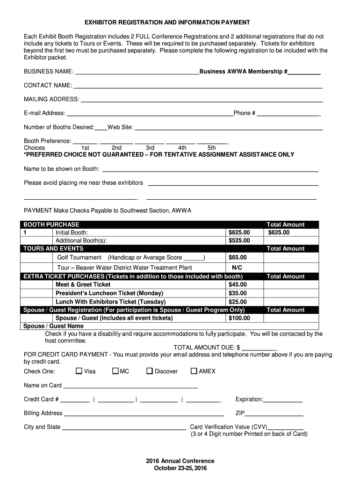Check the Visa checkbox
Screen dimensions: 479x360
tap(79, 371)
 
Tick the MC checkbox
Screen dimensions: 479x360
tap(115, 371)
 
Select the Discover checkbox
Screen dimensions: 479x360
tap(150, 371)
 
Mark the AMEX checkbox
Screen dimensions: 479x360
tap(194, 371)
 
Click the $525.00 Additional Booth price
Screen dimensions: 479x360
tap(239, 240)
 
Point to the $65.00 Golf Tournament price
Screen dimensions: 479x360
tap(238, 257)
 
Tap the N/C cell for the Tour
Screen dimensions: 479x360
tap(237, 268)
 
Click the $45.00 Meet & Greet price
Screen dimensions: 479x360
tap(238, 284)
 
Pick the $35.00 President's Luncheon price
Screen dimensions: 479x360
tap(238, 293)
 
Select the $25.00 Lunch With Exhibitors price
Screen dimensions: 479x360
tap(238, 302)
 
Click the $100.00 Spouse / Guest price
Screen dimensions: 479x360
tap(239, 318)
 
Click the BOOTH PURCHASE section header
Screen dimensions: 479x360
tap(51, 225)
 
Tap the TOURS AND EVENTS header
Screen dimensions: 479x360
tap(54, 248)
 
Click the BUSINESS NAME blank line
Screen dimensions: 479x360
tap(137, 72)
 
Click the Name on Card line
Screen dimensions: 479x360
tap(130, 386)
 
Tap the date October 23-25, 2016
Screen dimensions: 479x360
tap(180, 468)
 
